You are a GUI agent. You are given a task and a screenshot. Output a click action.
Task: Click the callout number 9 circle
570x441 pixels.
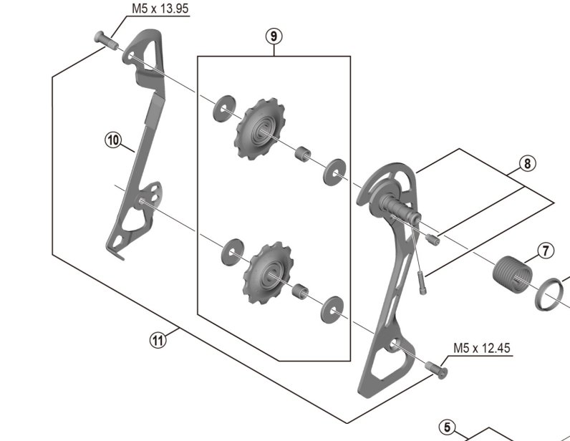pyautogui.click(x=274, y=34)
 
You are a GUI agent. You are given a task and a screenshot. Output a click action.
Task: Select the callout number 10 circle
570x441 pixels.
pyautogui.click(x=112, y=140)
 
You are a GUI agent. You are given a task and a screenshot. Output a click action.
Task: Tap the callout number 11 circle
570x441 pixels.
pyautogui.click(x=158, y=340)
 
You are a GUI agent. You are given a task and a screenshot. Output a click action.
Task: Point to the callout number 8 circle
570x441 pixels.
pyautogui.click(x=526, y=163)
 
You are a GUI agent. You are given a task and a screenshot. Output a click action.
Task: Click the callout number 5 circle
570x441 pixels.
pyautogui.click(x=448, y=428)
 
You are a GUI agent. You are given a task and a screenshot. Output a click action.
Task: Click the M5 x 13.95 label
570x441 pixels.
pyautogui.click(x=161, y=10)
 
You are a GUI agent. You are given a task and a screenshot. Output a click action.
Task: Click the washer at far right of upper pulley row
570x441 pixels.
pyautogui.click(x=334, y=171)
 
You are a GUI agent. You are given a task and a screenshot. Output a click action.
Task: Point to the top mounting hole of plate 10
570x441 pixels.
pyautogui.click(x=132, y=54)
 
